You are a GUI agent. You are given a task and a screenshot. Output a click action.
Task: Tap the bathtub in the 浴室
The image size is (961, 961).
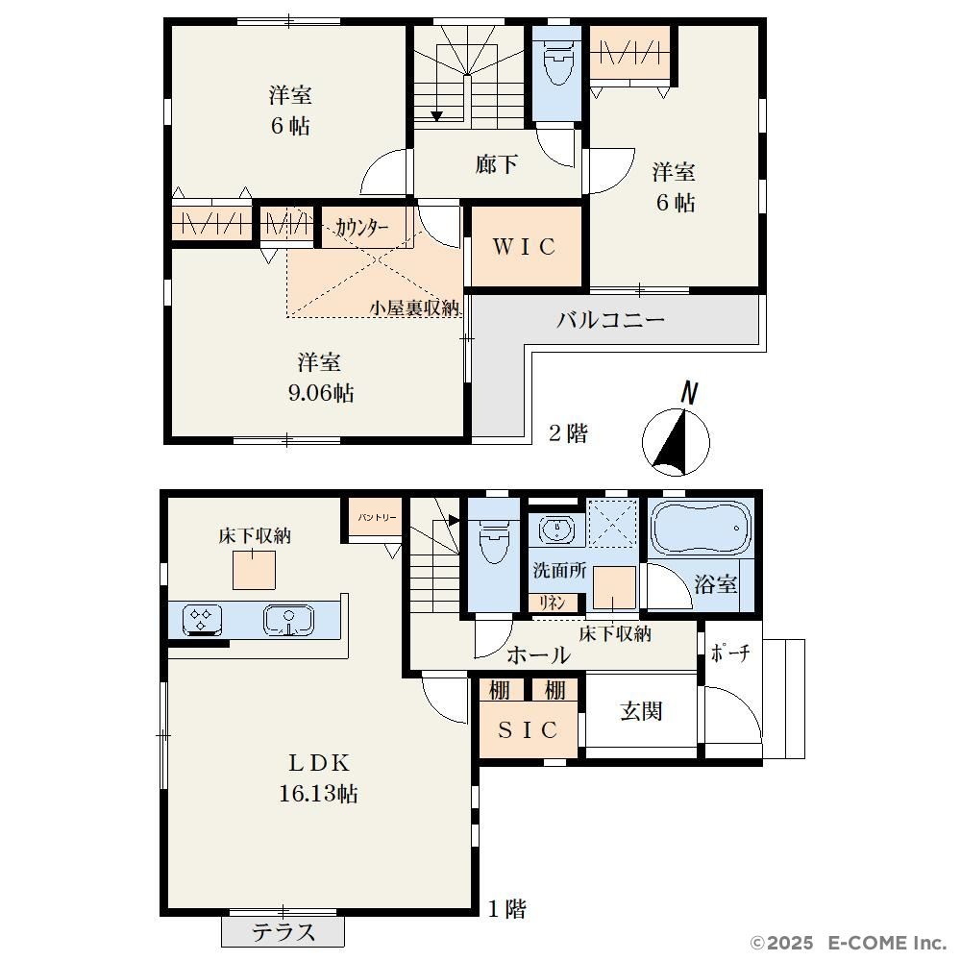[700, 528]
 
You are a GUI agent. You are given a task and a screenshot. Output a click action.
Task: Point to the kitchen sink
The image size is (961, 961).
[288, 620]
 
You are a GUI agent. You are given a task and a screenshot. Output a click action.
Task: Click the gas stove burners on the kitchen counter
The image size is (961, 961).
[202, 620]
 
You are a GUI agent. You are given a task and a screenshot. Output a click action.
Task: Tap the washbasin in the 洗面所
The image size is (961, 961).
[557, 529]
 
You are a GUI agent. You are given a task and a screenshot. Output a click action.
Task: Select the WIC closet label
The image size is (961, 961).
[525, 246]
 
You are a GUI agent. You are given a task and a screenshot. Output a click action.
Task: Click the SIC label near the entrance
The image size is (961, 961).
[528, 729]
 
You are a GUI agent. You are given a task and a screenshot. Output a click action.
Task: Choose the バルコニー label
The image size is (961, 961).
[610, 319]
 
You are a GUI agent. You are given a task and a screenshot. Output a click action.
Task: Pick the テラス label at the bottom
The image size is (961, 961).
[283, 932]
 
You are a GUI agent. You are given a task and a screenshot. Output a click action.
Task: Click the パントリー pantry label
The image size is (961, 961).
[377, 517]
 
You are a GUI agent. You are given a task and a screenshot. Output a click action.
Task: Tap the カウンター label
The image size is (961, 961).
[361, 228]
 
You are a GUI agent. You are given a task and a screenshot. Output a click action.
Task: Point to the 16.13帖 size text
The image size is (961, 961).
[319, 794]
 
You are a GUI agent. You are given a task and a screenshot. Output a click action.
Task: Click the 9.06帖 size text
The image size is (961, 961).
[321, 393]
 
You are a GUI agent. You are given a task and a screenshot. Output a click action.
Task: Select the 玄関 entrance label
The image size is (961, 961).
[641, 711]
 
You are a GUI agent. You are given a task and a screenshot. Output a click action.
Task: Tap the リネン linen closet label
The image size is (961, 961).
[552, 604]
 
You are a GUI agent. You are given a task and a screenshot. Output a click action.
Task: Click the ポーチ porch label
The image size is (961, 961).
[730, 653]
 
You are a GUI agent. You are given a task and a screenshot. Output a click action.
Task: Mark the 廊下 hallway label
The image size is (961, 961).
[497, 163]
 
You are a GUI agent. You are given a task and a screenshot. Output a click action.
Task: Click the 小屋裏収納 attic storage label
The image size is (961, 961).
[414, 308]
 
